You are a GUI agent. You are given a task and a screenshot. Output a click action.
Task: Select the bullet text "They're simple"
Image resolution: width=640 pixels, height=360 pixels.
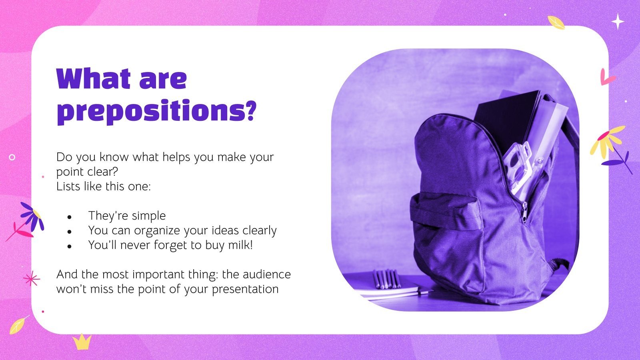pyautogui.click(x=127, y=216)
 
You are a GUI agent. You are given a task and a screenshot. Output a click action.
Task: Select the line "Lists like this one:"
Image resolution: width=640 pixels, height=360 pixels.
pyautogui.click(x=104, y=186)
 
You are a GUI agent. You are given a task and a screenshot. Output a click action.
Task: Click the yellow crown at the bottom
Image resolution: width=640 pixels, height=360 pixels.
pyautogui.click(x=82, y=341)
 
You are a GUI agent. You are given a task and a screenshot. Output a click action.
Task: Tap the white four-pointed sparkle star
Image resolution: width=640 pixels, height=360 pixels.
pyautogui.click(x=618, y=21)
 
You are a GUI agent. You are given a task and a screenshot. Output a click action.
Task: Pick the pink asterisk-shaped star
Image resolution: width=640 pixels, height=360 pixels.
pyautogui.click(x=32, y=279)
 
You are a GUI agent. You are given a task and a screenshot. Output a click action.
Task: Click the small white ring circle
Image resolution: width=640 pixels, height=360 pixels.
pyautogui.click(x=12, y=157)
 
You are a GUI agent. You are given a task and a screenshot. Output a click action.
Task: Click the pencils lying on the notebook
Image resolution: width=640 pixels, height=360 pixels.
pyautogui.click(x=386, y=279)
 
